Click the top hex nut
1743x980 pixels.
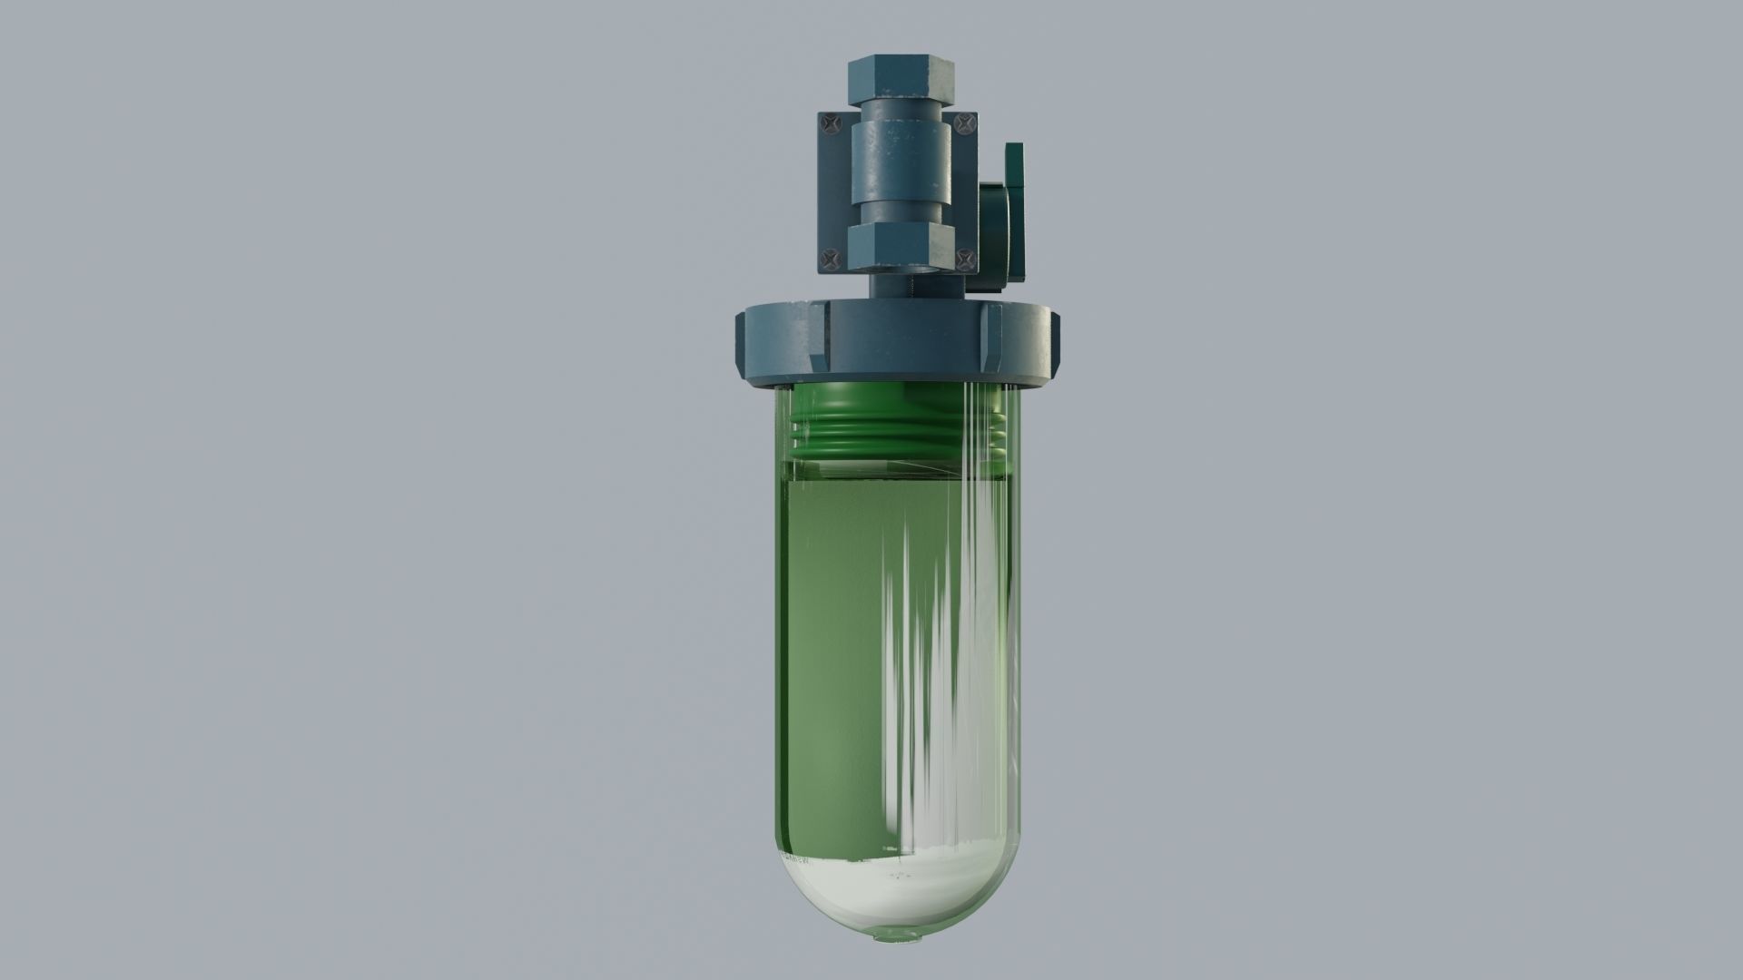(899, 79)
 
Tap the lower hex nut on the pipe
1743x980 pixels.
(901, 248)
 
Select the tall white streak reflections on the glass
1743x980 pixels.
(944, 635)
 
